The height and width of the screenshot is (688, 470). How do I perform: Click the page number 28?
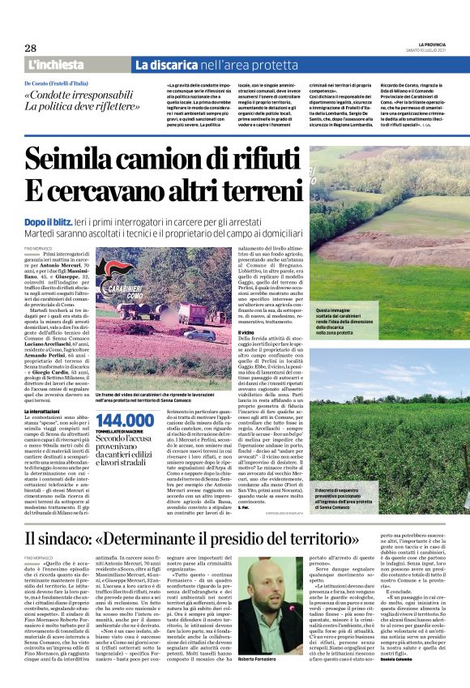(31, 48)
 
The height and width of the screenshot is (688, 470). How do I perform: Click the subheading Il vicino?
(246, 331)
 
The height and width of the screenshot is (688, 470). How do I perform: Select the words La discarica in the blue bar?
(169, 64)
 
